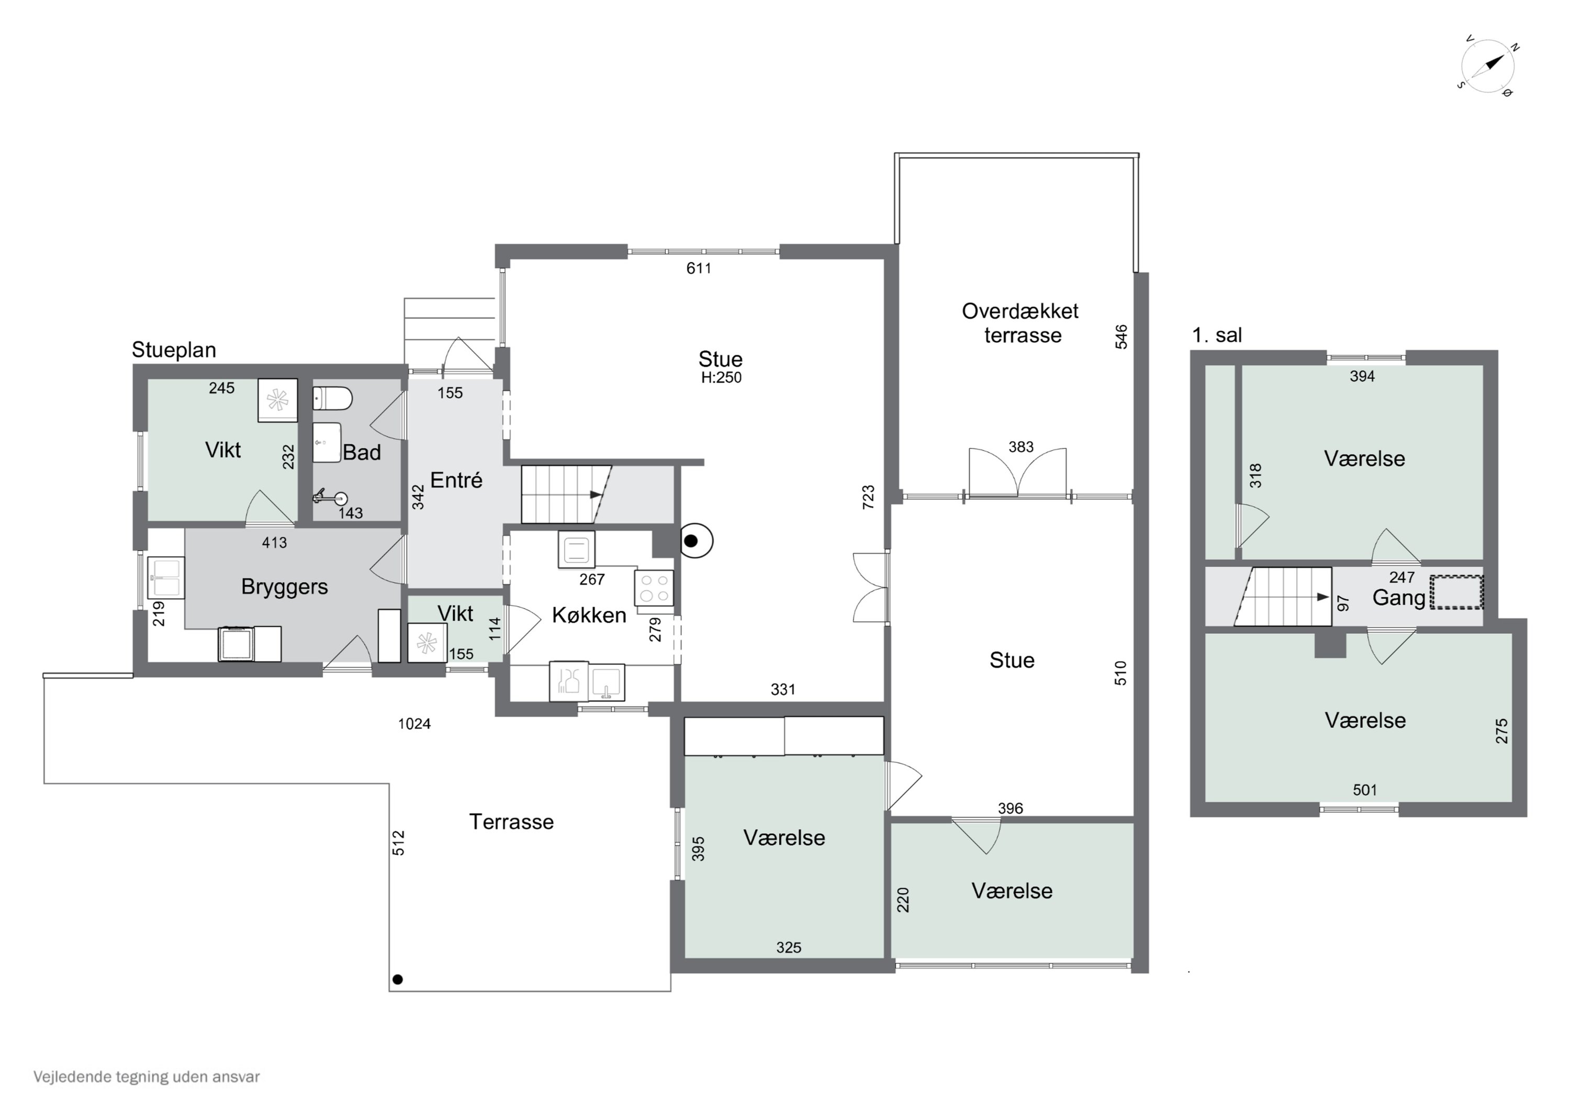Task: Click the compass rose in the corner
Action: click(x=1488, y=67)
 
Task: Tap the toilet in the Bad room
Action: click(x=332, y=398)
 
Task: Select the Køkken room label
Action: click(x=589, y=615)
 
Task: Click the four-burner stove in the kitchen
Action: click(x=654, y=588)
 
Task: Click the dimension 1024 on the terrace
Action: click(x=414, y=724)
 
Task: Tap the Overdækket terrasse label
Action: click(x=1021, y=323)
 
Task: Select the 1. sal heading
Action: click(x=1217, y=335)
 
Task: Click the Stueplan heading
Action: click(x=174, y=350)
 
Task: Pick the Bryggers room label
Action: click(x=285, y=587)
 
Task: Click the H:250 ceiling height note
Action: click(x=721, y=377)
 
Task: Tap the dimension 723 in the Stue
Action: click(x=868, y=497)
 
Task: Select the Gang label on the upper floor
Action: click(x=1399, y=598)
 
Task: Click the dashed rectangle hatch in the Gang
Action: click(x=1456, y=592)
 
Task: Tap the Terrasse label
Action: click(x=511, y=822)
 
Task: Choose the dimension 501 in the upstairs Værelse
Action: click(x=1365, y=790)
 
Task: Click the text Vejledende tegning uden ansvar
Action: click(x=147, y=1077)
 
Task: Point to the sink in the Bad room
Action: click(x=326, y=442)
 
